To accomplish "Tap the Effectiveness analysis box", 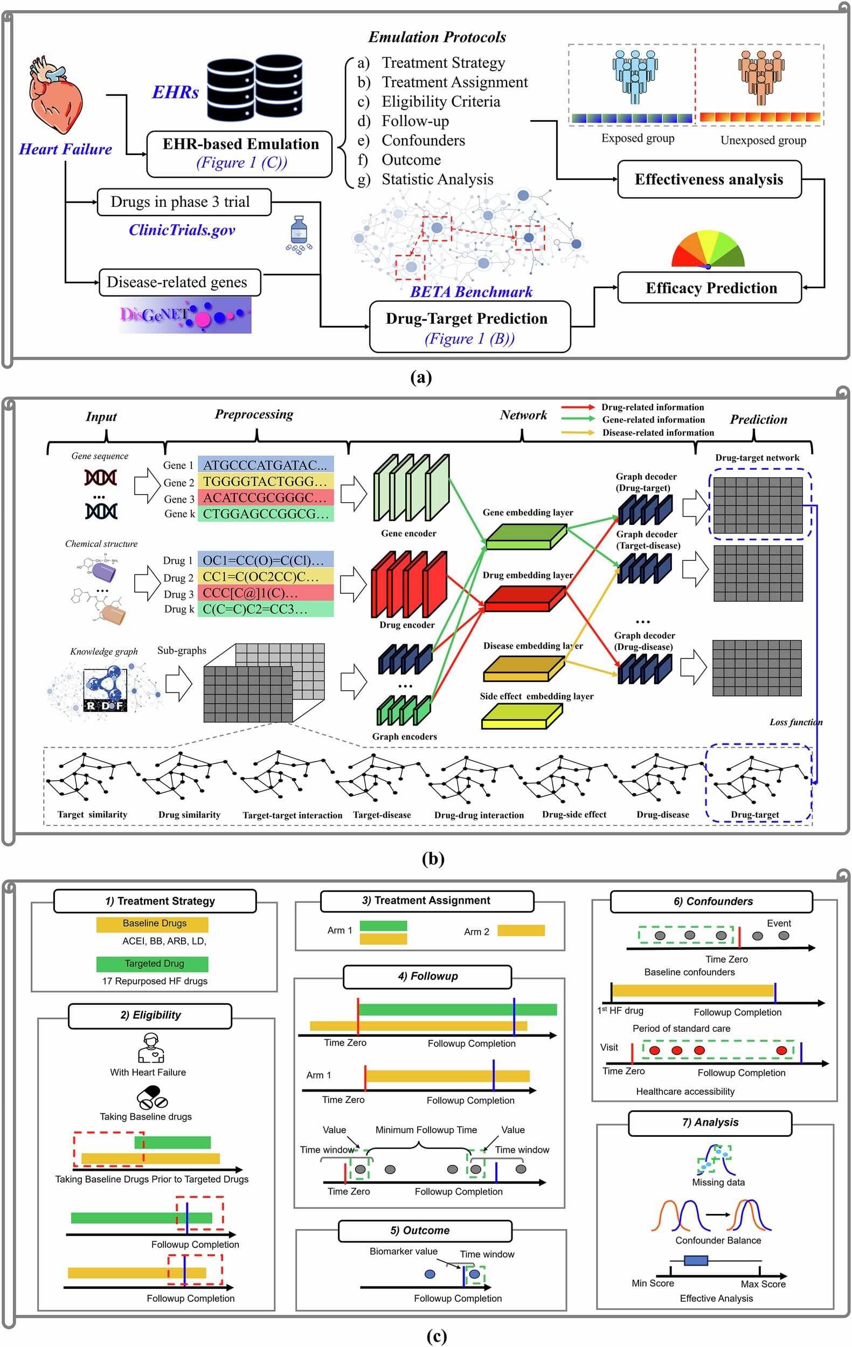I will pyautogui.click(x=709, y=179).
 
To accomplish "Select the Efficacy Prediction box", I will pyautogui.click(x=709, y=288).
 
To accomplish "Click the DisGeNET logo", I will pyautogui.click(x=185, y=315).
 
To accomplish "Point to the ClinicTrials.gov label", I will pyautogui.click(x=182, y=230).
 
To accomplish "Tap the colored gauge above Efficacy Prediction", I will pyautogui.click(x=708, y=251).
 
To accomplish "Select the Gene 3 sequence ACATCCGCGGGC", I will pyautogui.click(x=265, y=497).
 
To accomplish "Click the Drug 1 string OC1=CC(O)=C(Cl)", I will pyautogui.click(x=265, y=560).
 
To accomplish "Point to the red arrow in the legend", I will pyautogui.click(x=577, y=407).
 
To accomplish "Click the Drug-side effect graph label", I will pyautogui.click(x=573, y=815).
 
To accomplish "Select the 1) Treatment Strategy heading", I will pyautogui.click(x=155, y=901).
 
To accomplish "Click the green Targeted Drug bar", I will pyautogui.click(x=152, y=963).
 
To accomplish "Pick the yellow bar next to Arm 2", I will pyautogui.click(x=520, y=931).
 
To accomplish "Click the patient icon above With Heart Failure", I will pyautogui.click(x=150, y=1047).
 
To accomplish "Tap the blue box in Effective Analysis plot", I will pyautogui.click(x=695, y=1260).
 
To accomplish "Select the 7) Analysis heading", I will pyautogui.click(x=710, y=1122).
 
